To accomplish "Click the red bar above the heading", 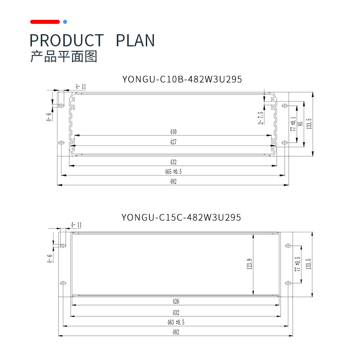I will click(45, 22).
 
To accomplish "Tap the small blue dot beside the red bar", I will click(65, 22).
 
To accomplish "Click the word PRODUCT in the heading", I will click(67, 40).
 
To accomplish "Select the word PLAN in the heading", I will click(135, 40).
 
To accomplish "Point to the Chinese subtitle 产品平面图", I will click(63, 57).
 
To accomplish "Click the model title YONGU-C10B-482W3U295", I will click(182, 80).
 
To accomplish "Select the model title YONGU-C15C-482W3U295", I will click(181, 217).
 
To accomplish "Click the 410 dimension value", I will click(173, 132).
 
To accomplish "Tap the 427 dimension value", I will click(173, 142).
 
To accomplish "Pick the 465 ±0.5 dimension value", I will click(173, 171).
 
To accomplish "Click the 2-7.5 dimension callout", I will click(260, 117).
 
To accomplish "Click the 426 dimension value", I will click(175, 302).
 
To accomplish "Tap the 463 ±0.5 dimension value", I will click(175, 322).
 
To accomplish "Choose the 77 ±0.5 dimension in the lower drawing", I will click(297, 264).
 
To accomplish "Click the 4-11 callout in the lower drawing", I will click(76, 225).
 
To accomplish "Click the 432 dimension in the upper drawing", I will click(173, 162).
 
